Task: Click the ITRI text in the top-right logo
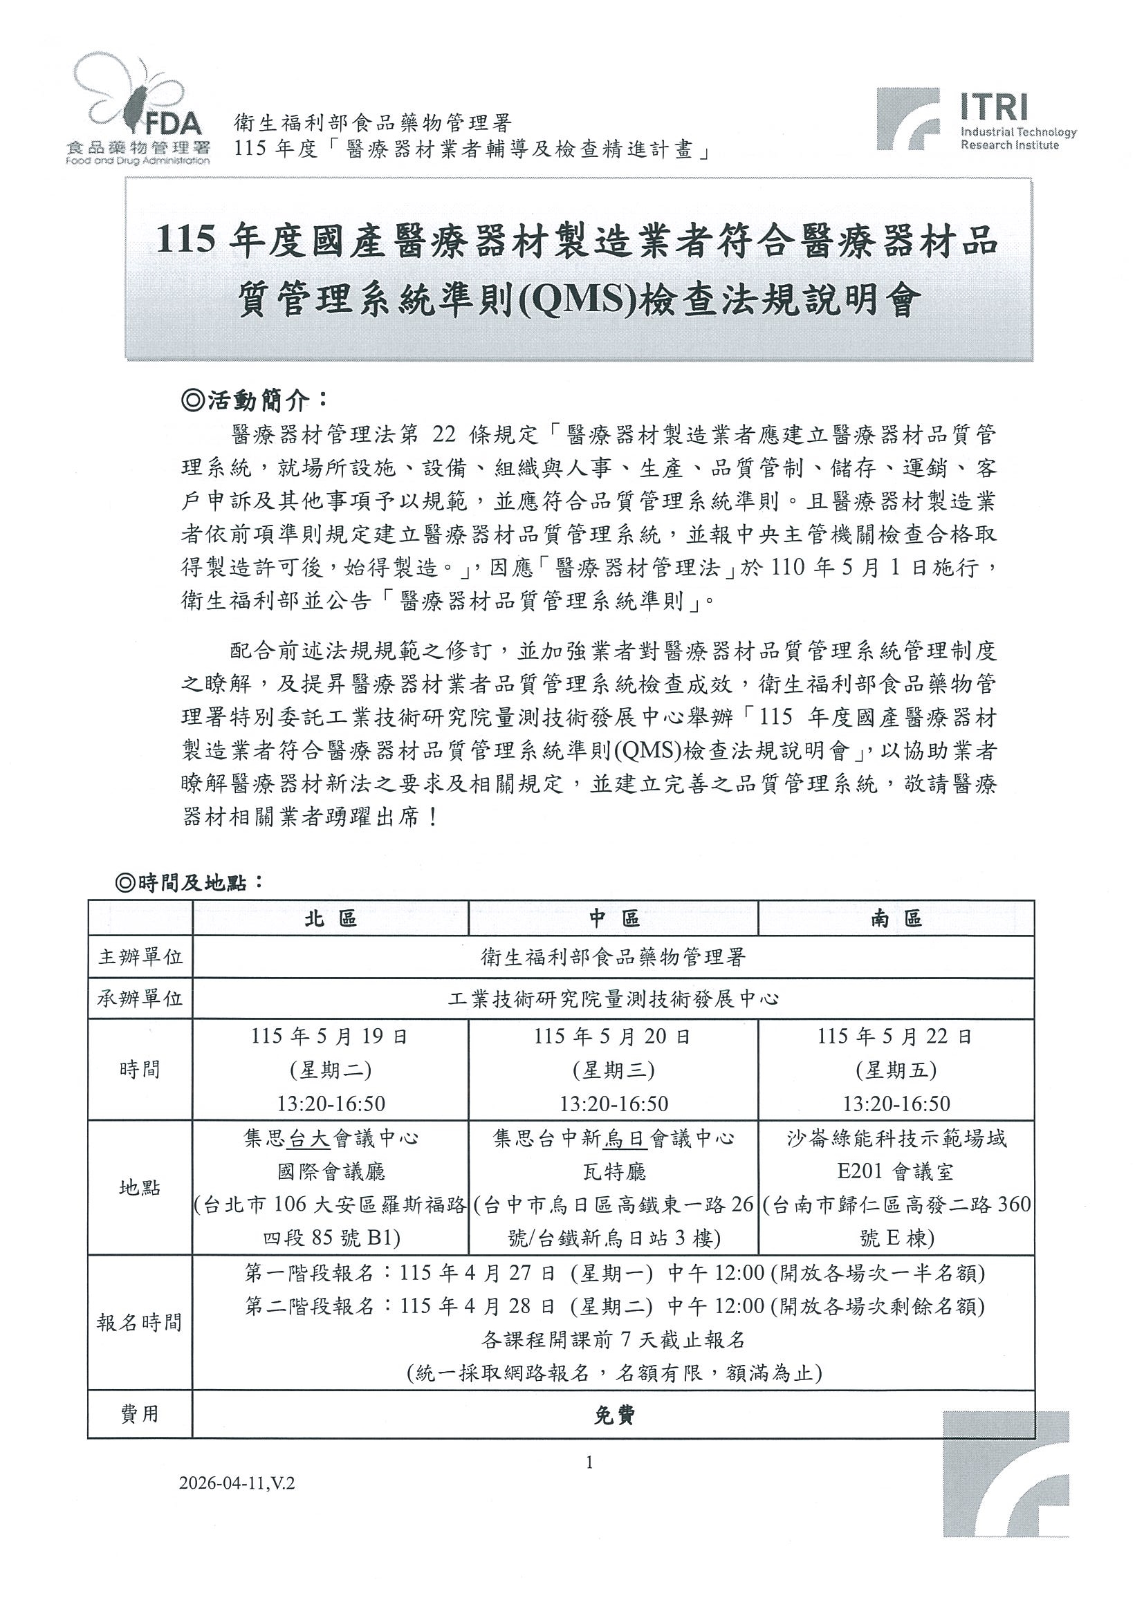(994, 107)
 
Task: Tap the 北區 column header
(331, 918)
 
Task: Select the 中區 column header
(614, 918)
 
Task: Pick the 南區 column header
(896, 918)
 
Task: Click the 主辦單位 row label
(140, 957)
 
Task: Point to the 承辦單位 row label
(140, 998)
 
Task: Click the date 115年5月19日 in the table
(330, 1036)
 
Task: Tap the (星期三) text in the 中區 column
(613, 1070)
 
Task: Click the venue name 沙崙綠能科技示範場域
(896, 1139)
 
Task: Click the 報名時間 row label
(140, 1323)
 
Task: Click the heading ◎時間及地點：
(190, 883)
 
